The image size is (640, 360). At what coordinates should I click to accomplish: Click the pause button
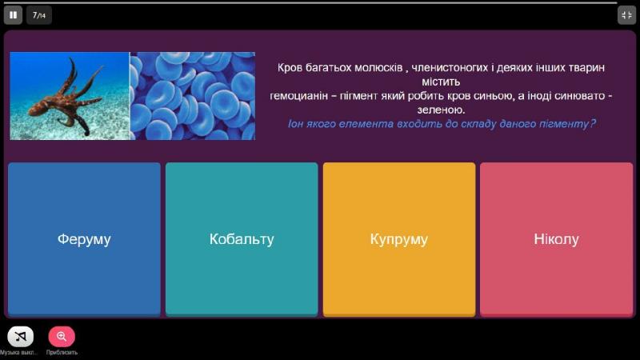[13, 15]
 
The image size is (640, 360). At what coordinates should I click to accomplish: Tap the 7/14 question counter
[39, 15]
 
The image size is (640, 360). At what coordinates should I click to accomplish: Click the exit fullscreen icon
[626, 15]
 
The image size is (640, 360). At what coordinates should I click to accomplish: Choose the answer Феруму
[84, 239]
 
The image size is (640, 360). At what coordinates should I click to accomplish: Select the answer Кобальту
[242, 239]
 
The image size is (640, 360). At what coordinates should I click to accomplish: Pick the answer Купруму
[399, 239]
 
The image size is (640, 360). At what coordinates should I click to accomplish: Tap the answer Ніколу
[556, 239]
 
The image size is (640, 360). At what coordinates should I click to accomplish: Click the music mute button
[21, 336]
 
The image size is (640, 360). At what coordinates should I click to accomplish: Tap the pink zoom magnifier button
[62, 336]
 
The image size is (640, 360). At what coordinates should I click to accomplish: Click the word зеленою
[441, 110]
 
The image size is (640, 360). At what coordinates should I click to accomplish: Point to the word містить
[441, 82]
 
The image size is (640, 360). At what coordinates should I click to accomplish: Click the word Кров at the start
[290, 68]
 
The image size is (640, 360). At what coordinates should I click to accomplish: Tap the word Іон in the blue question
[295, 124]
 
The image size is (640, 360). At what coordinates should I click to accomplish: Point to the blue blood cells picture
[193, 96]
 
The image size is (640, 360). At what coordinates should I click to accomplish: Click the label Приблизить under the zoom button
[62, 353]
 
